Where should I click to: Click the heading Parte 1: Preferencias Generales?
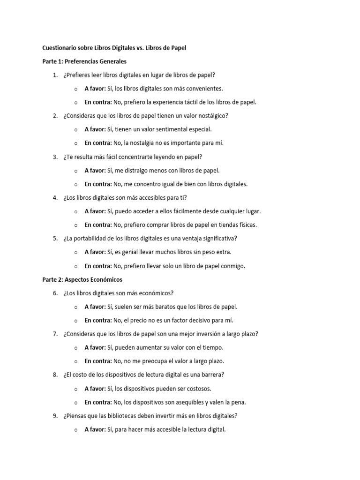tap(84, 61)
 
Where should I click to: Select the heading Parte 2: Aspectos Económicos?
tap(82, 279)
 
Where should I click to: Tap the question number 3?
tap(55, 157)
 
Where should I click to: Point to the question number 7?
tap(55, 334)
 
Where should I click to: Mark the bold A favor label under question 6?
tap(95, 307)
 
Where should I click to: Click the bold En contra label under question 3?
tap(98, 184)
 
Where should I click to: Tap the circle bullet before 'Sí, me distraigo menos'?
tap(75, 171)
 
